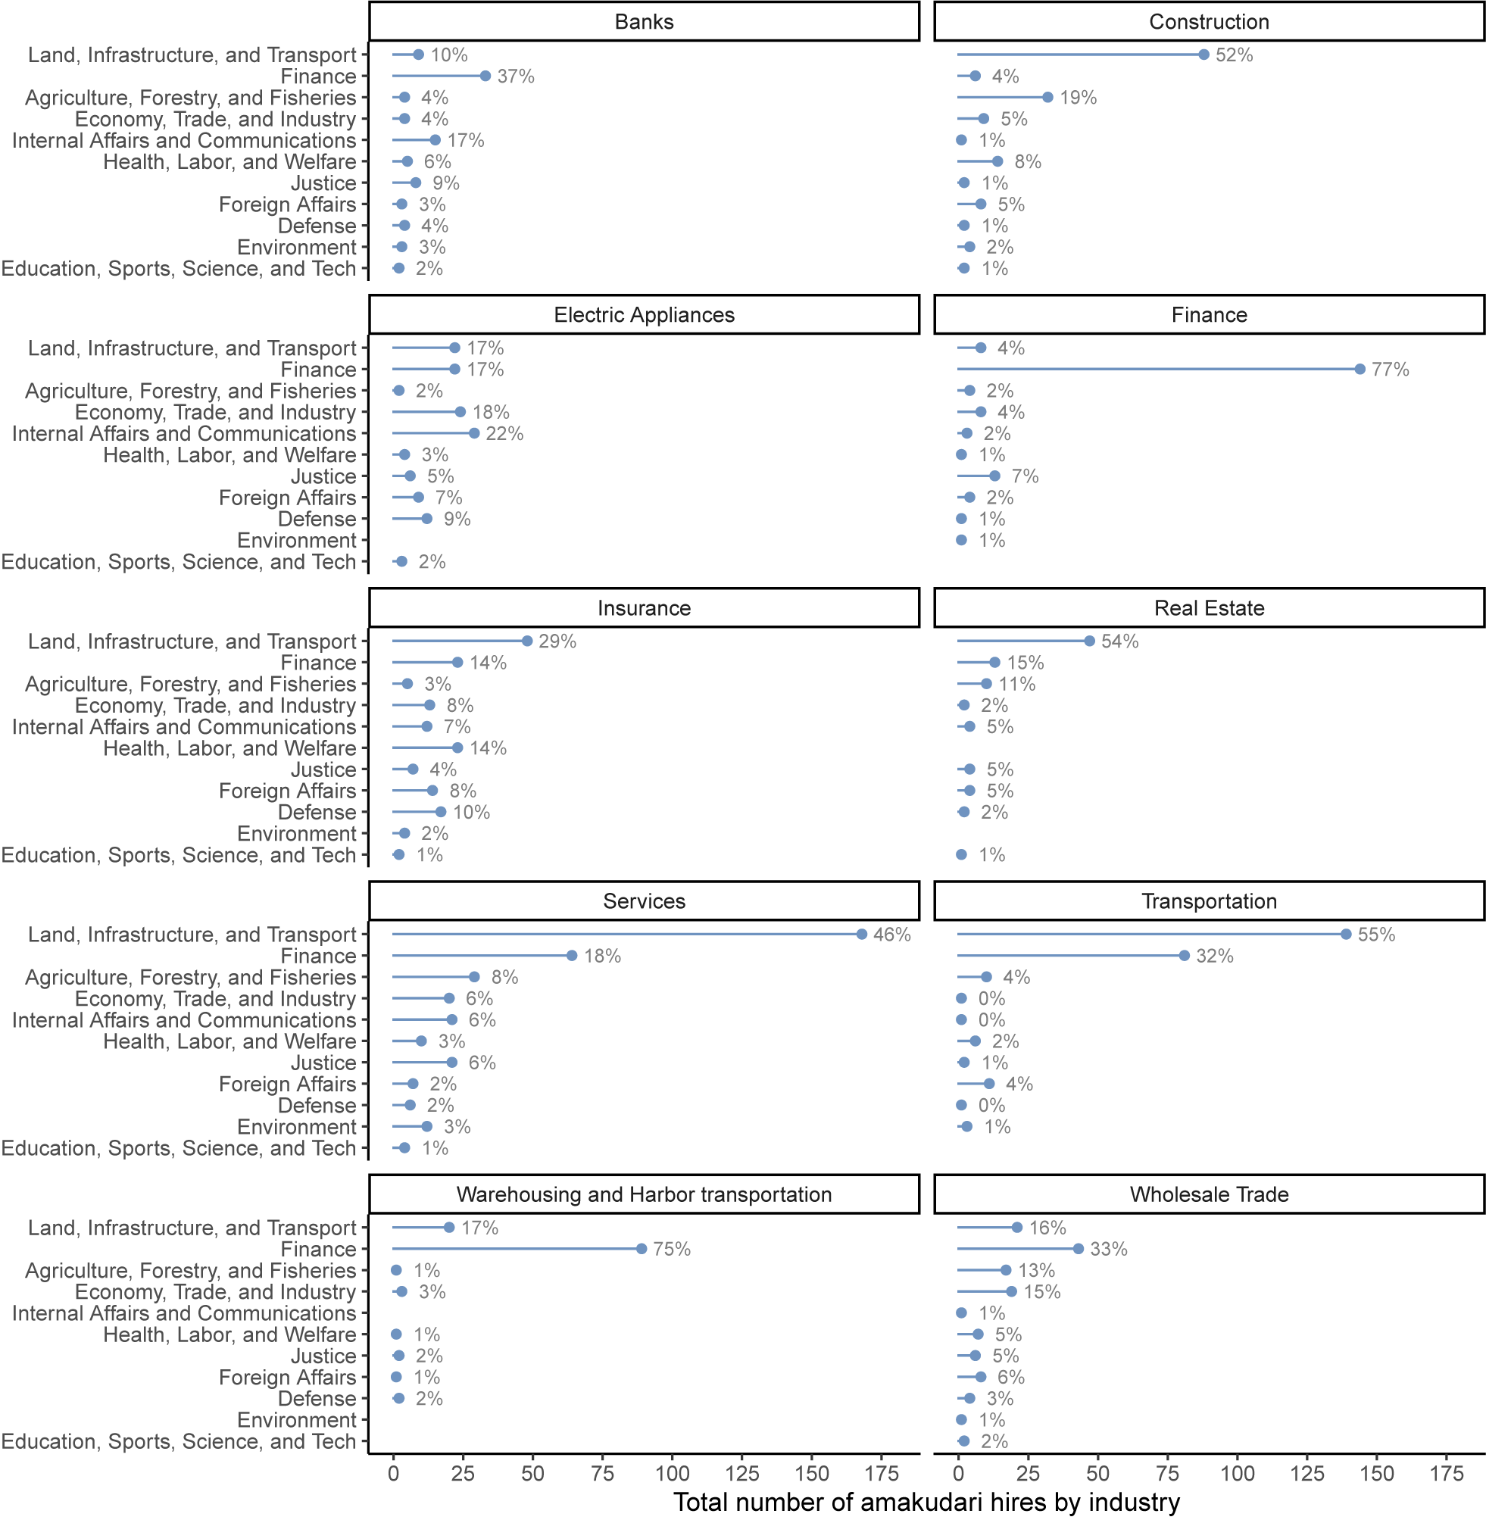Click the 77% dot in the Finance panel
[x=1360, y=369]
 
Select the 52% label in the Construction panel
[x=1234, y=55]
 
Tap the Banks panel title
[x=644, y=22]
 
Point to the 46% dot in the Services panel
[x=862, y=934]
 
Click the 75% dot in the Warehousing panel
[x=642, y=1248]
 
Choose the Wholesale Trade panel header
[x=1209, y=1194]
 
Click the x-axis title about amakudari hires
[x=926, y=1502]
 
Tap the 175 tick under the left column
[x=882, y=1473]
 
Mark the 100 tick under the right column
[x=1237, y=1473]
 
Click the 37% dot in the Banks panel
[x=485, y=76]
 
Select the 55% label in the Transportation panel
[x=1377, y=934]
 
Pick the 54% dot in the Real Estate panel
[x=1090, y=641]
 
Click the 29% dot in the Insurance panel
[x=528, y=641]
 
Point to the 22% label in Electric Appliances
[x=504, y=433]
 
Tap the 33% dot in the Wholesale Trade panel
[x=1079, y=1248]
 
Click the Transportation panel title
[x=1209, y=900]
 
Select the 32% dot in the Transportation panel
[x=1184, y=955]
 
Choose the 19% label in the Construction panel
[x=1078, y=98]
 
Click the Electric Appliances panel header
[x=644, y=314]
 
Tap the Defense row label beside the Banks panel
[x=317, y=226]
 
